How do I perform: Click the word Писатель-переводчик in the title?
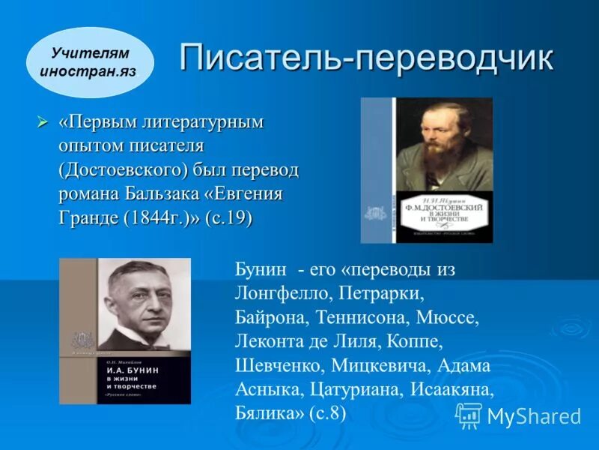[x=366, y=58]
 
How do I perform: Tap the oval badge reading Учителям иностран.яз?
[x=90, y=63]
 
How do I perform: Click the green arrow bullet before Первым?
[x=43, y=121]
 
